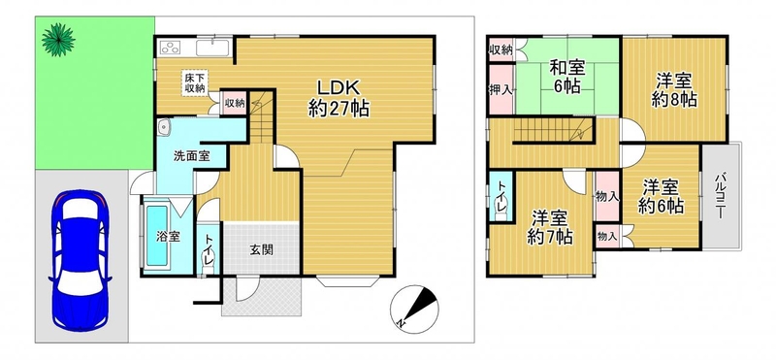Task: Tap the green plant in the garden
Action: point(58,40)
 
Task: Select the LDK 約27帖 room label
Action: point(339,98)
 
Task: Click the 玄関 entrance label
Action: point(261,250)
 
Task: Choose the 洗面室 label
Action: point(191,156)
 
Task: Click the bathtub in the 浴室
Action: point(157,235)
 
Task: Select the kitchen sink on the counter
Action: point(211,49)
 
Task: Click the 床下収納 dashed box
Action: point(195,83)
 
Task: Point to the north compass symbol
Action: point(414,309)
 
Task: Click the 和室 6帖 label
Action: point(567,77)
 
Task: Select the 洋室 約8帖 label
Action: point(674,89)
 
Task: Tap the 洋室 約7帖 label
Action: point(549,227)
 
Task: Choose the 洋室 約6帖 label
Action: point(661,197)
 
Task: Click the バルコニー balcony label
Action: point(721,196)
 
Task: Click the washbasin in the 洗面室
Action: point(164,128)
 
